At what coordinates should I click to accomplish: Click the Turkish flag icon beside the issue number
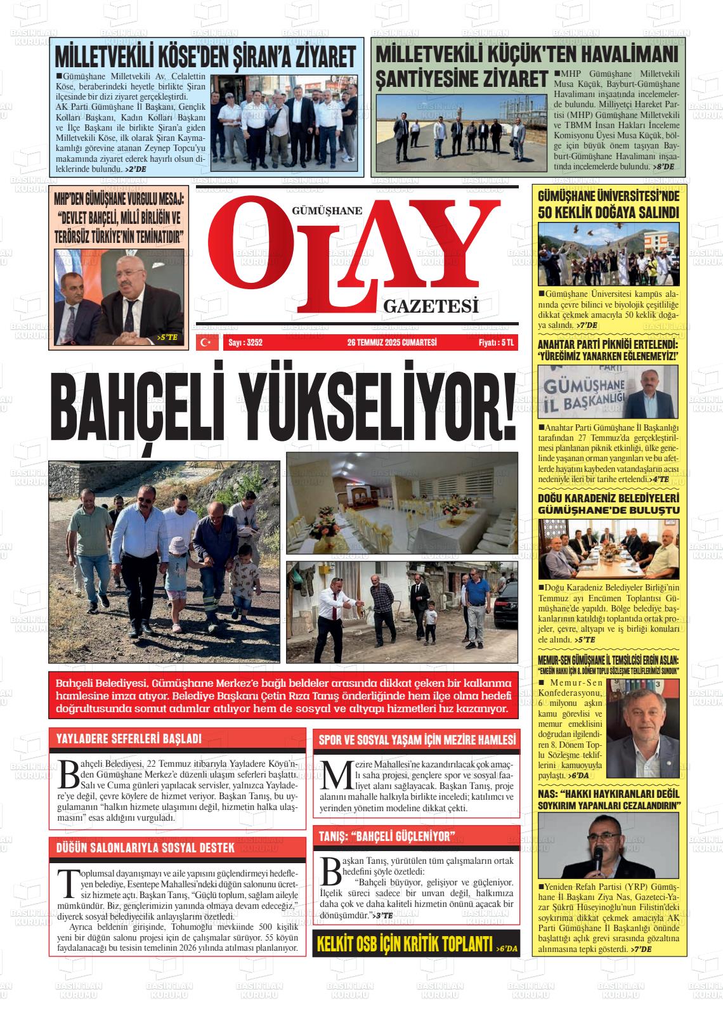(205, 342)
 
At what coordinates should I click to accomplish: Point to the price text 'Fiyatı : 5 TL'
(497, 342)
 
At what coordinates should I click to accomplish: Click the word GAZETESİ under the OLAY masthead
(430, 308)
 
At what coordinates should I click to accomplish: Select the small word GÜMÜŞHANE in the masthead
(327, 212)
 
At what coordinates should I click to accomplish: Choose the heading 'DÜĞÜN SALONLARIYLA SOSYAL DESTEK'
(146, 847)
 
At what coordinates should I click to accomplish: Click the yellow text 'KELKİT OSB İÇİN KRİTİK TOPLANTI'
(405, 943)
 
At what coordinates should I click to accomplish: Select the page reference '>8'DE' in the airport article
(665, 166)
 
